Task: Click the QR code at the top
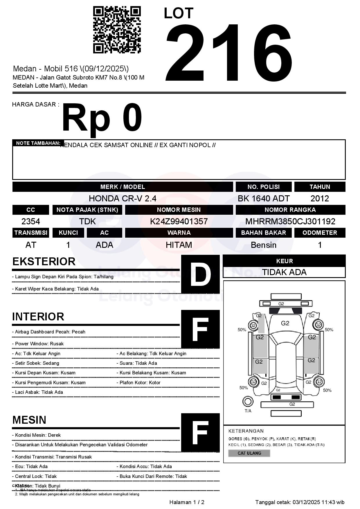point(117,30)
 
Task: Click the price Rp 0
point(102,118)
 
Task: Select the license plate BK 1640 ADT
point(264,198)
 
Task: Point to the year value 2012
point(320,198)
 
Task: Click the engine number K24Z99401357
point(179,221)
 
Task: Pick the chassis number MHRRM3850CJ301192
point(290,221)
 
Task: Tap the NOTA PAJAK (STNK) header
point(87,210)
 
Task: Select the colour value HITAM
point(179,245)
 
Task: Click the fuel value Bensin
point(264,245)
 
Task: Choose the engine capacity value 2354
point(31,221)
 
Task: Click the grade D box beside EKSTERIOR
point(200,274)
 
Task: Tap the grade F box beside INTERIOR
point(200,329)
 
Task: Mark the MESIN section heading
point(29,420)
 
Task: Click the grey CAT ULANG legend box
point(249,453)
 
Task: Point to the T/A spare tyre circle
point(248,402)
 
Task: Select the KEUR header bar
point(284,261)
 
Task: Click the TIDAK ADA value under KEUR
point(284,272)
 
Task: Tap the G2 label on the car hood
point(285,323)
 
